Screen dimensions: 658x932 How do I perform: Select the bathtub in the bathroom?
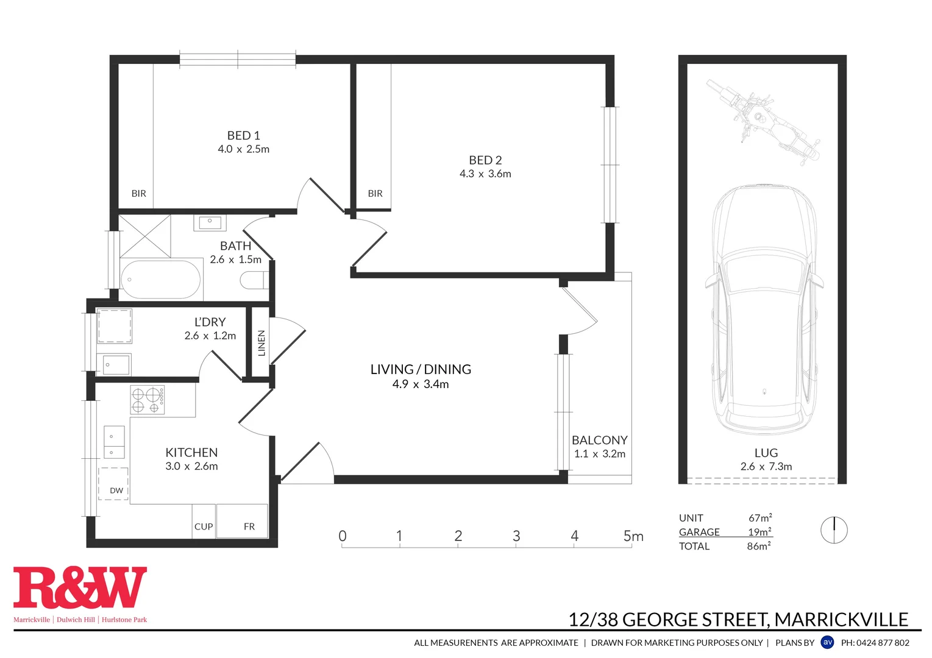pyautogui.click(x=160, y=280)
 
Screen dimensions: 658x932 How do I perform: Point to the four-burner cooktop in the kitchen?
pyautogui.click(x=148, y=400)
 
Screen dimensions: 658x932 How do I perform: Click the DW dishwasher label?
pyautogui.click(x=116, y=490)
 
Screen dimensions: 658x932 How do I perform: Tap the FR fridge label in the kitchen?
pyautogui.click(x=249, y=526)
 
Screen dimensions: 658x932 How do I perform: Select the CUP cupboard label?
pyautogui.click(x=204, y=526)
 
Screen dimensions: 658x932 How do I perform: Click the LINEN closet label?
pyautogui.click(x=261, y=342)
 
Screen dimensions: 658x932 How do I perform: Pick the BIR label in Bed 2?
pyautogui.click(x=375, y=193)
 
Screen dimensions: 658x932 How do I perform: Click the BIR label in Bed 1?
pyautogui.click(x=138, y=193)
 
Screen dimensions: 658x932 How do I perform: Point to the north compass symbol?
pyautogui.click(x=833, y=530)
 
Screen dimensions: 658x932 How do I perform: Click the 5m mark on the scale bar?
pyautogui.click(x=633, y=536)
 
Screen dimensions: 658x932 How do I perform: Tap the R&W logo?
pyautogui.click(x=80, y=588)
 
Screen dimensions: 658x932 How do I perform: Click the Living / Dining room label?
pyautogui.click(x=421, y=369)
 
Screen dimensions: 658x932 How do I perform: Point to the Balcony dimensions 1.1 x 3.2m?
pyautogui.click(x=599, y=454)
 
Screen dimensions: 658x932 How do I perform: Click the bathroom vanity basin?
pyautogui.click(x=210, y=222)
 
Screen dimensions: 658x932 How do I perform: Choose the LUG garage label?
pyautogui.click(x=766, y=453)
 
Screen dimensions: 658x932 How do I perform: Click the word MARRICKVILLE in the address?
pyautogui.click(x=841, y=620)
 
